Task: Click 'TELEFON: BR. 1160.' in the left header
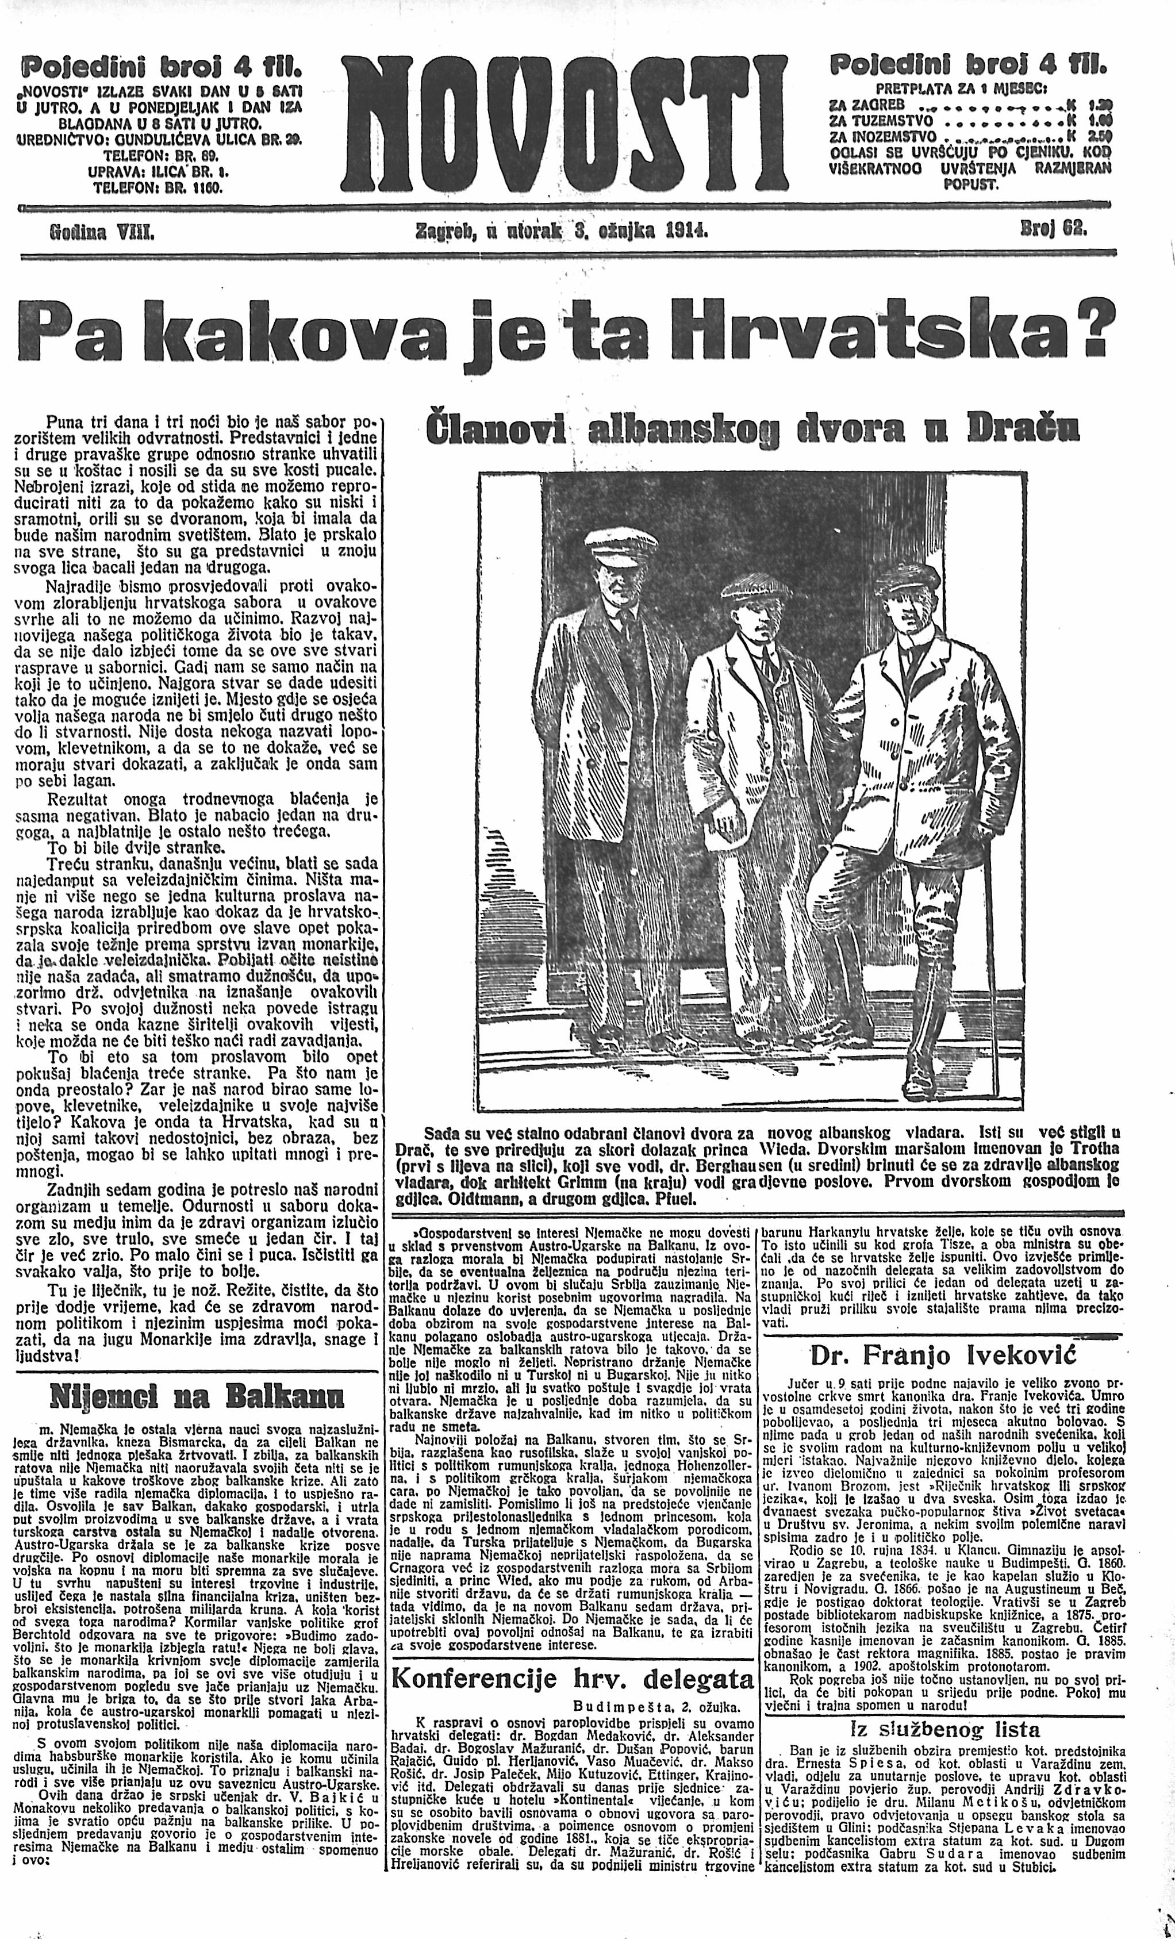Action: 158,189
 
